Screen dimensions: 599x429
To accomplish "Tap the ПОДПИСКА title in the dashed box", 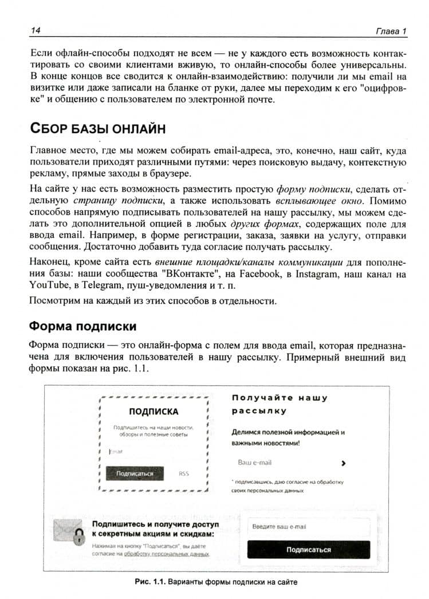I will (153, 411).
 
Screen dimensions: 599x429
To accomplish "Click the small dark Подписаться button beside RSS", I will (135, 473).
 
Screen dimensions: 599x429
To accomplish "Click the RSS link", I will (183, 473).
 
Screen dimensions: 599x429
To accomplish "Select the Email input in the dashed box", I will (152, 452).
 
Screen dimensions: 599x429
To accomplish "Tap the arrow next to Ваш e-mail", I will (343, 463).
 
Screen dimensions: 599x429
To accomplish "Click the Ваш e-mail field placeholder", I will (254, 463).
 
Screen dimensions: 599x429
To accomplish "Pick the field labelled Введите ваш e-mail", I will (308, 527).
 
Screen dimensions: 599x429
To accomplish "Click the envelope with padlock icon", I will (68, 531).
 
